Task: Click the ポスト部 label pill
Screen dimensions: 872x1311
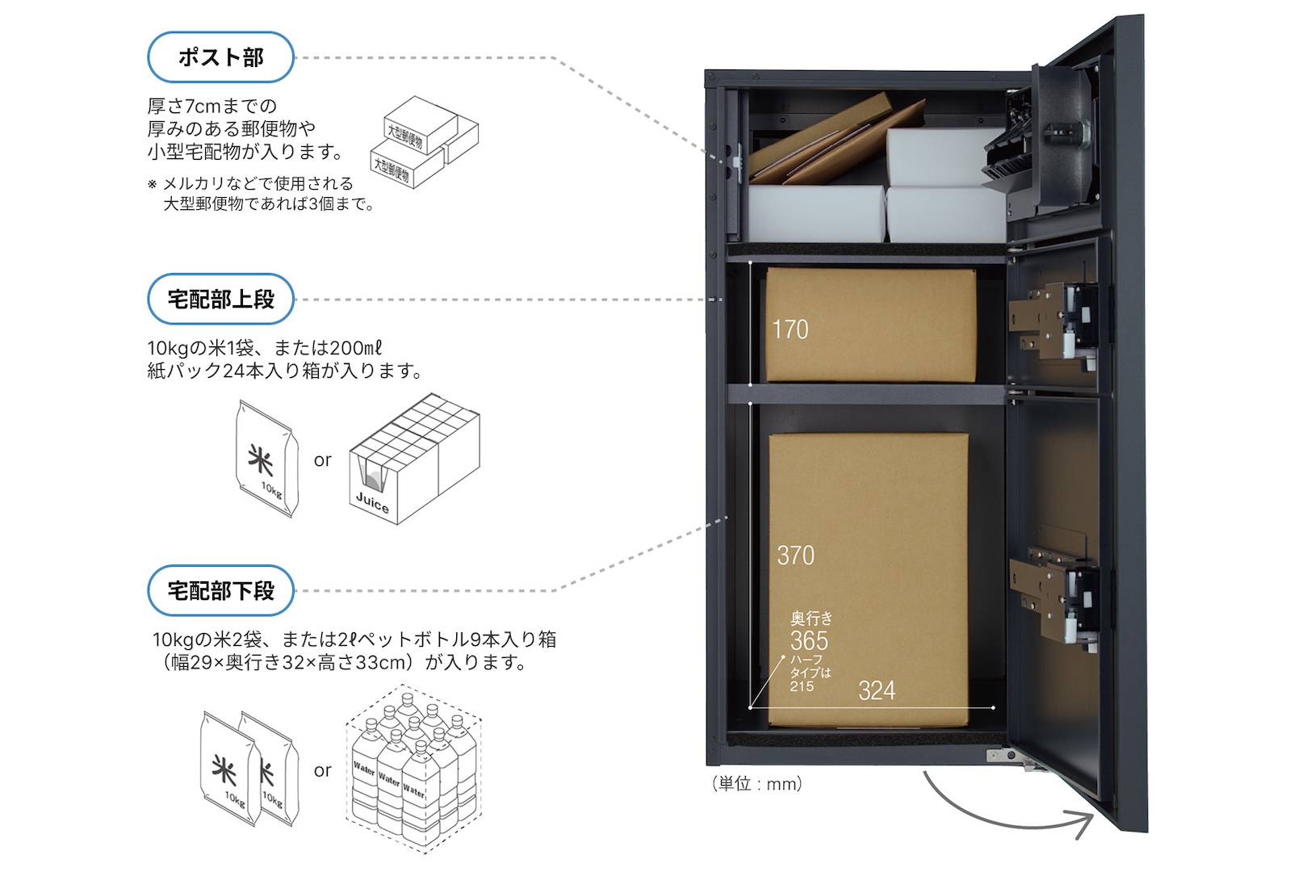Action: pos(220,57)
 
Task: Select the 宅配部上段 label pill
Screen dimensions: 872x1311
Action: pos(220,300)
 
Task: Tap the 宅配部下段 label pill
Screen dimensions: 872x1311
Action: pos(220,591)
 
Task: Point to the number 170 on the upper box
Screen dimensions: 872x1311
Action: pos(790,329)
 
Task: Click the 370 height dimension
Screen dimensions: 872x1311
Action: pos(795,555)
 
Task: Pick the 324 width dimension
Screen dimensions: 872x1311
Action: pos(876,691)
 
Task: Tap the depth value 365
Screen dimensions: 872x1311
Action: pos(809,641)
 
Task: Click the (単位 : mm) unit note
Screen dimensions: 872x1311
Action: pos(756,784)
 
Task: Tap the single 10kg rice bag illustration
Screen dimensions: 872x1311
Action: pos(267,459)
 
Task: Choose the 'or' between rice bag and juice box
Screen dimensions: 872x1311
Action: pos(322,460)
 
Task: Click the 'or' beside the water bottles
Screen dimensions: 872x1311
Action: pos(322,770)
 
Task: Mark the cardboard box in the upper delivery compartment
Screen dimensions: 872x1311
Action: pos(869,325)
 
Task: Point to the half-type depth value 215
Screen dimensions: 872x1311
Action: pos(802,687)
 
